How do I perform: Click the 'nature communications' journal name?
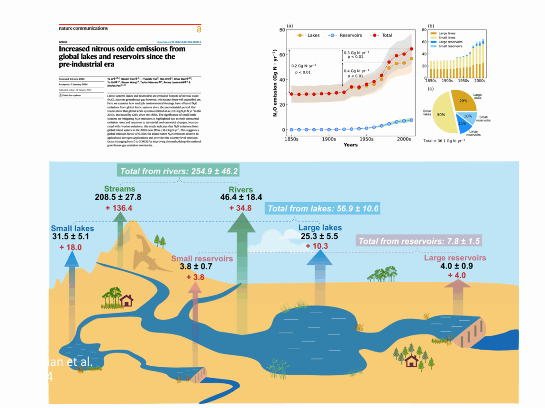[83, 28]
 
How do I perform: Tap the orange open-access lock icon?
[199, 29]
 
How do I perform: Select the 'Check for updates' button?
[71, 95]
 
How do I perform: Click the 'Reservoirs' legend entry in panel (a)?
[346, 35]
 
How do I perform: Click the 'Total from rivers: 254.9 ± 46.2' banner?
[179, 171]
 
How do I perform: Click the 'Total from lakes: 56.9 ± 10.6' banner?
[323, 209]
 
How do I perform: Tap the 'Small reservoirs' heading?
[202, 259]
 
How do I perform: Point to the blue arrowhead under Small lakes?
[70, 258]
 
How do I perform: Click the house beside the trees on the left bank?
[127, 301]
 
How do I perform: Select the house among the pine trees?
[411, 362]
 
